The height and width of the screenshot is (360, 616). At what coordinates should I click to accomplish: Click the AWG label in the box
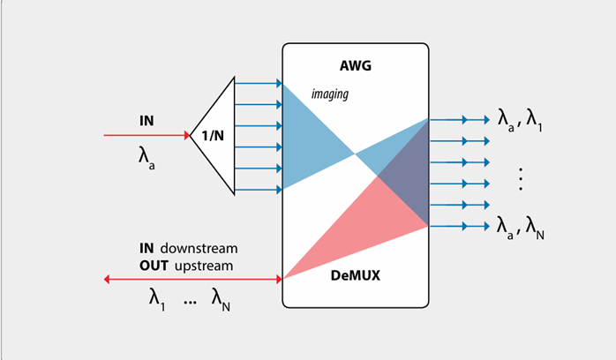click(355, 66)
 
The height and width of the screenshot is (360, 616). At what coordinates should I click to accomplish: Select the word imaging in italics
click(330, 94)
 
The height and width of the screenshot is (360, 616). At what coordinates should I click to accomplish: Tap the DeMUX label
click(355, 277)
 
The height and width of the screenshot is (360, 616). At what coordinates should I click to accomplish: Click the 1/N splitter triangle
click(215, 136)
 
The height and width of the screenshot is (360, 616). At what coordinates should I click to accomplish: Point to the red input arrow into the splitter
click(146, 136)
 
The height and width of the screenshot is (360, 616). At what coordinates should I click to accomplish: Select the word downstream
click(199, 248)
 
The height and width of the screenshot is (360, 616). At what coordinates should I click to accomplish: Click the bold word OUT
click(154, 264)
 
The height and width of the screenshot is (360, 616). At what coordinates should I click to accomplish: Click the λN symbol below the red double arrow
click(222, 300)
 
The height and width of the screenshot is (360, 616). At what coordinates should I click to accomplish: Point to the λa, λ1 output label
click(521, 122)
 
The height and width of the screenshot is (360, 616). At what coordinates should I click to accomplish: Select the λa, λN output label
click(521, 228)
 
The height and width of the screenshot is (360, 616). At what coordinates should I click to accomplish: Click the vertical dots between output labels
click(522, 180)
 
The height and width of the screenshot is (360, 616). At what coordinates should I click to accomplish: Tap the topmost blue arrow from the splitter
click(258, 84)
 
